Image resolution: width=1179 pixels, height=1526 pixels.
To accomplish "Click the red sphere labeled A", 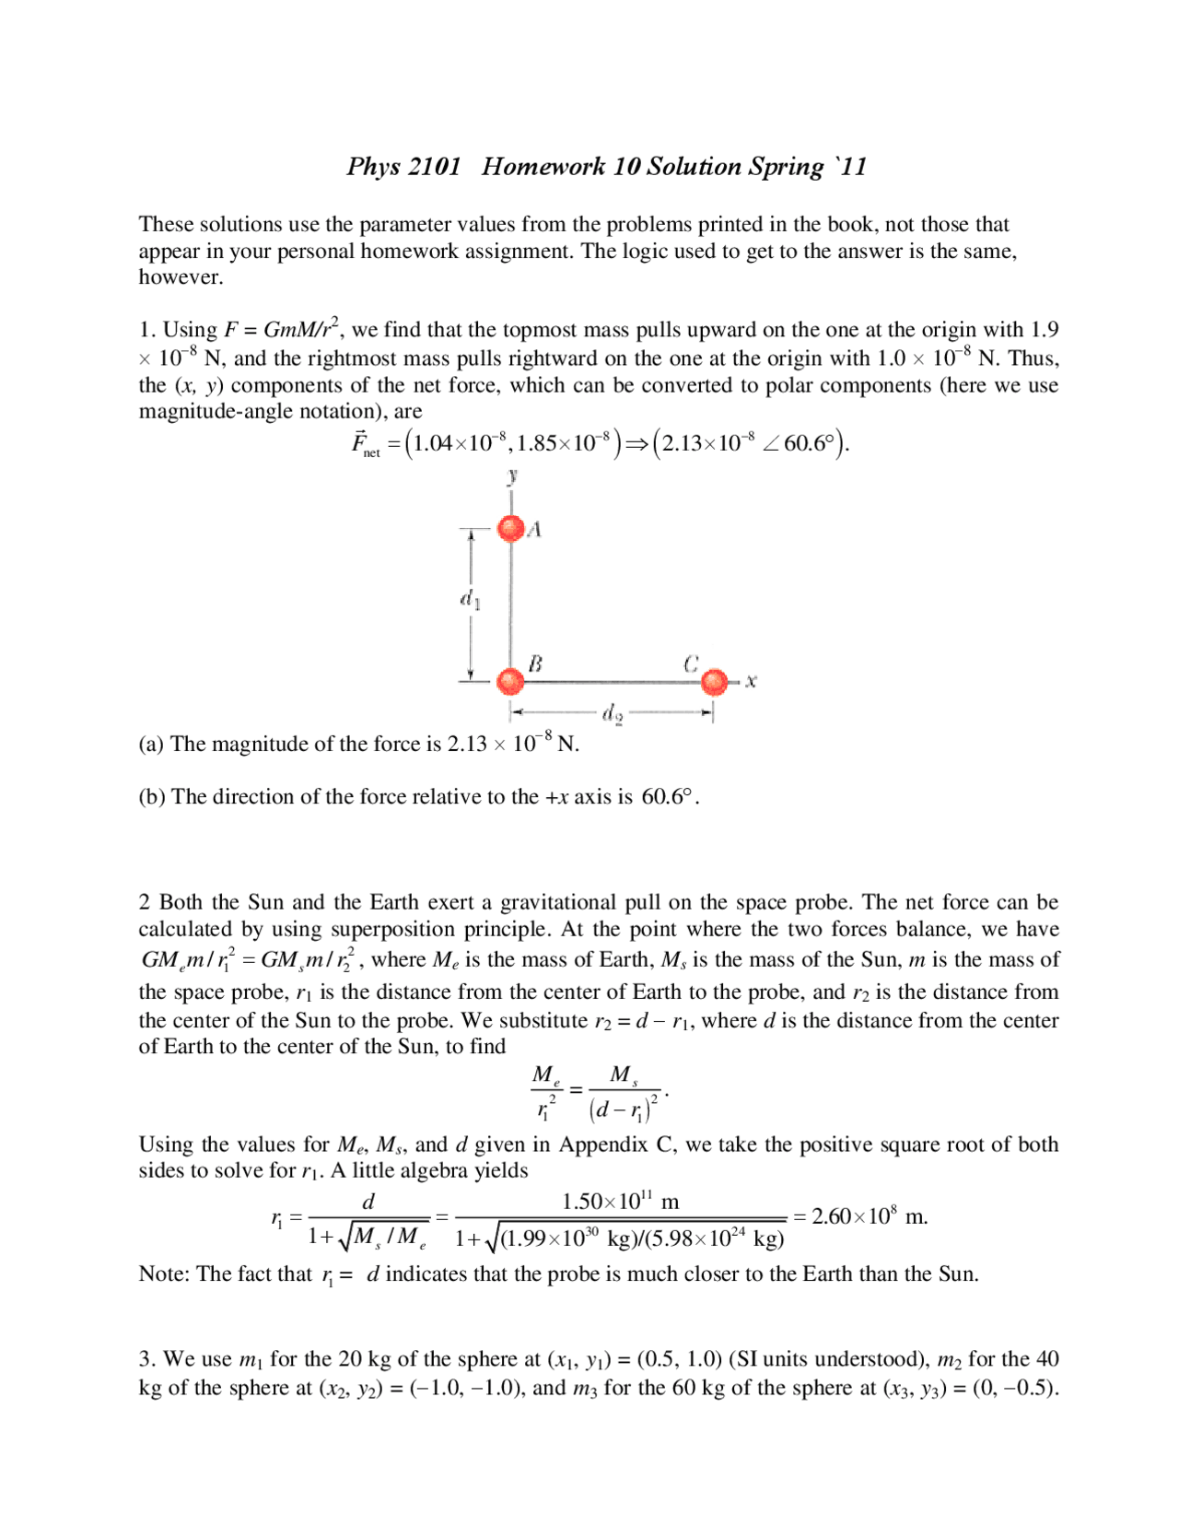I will pos(510,528).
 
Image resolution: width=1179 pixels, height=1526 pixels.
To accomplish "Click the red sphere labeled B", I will pos(510,681).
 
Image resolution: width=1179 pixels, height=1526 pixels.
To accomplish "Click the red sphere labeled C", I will pos(714,682).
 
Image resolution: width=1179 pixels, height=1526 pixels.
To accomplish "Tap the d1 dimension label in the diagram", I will pos(470,600).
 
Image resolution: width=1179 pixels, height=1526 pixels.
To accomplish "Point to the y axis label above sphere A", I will pos(512,475).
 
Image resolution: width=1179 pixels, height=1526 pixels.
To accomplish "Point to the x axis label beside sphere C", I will pos(752,681).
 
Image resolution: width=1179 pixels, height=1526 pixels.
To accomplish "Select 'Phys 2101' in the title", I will pos(403,167).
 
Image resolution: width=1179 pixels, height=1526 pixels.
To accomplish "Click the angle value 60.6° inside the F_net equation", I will pos(809,443).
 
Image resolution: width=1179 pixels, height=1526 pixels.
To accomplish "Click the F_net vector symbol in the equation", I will pos(365,444).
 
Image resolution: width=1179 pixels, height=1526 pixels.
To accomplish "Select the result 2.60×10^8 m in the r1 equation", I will pos(869,1216).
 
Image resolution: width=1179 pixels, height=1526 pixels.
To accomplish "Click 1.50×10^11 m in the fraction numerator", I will pos(620,1202).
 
